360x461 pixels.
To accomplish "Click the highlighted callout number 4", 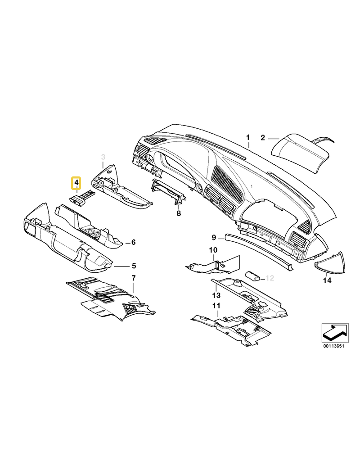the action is (76, 183).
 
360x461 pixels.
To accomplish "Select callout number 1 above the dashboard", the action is (248, 137).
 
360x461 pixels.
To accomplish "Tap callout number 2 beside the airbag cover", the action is (263, 138).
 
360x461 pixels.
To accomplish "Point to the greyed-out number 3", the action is (103, 157).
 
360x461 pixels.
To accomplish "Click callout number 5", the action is (134, 266).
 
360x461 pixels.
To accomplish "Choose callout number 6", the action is (133, 242).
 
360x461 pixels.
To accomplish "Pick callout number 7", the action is (134, 278).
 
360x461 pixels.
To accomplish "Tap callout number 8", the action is (179, 213).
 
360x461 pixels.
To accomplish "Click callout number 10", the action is (213, 250).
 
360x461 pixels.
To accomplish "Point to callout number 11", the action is (216, 306).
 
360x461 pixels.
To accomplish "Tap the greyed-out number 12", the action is (270, 278).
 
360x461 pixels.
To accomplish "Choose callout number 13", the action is (216, 295).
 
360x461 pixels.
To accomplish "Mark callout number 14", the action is (327, 280).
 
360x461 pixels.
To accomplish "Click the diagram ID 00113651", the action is (333, 346).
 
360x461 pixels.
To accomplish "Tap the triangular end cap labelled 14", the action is (331, 262).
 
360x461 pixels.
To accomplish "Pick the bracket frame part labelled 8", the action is (167, 191).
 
